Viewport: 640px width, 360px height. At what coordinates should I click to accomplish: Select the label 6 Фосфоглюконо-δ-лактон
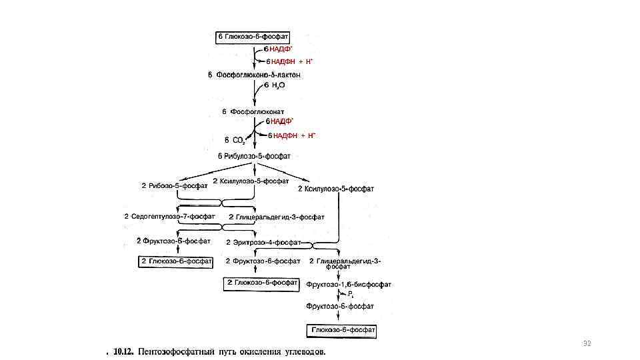[x=255, y=75]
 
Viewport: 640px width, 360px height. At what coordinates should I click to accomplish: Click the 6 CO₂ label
[x=235, y=141]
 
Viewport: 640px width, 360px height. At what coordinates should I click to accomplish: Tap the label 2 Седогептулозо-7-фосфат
[x=169, y=217]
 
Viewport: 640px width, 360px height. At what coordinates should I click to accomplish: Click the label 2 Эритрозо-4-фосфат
[x=264, y=242]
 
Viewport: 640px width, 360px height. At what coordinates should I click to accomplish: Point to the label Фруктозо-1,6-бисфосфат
[x=349, y=284]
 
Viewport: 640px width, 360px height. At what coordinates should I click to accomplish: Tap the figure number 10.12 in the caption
[x=122, y=351]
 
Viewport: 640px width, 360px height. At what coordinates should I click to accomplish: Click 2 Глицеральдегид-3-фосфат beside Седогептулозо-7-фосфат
[x=276, y=217]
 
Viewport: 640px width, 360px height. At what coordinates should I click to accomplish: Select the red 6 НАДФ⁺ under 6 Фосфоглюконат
[x=279, y=121]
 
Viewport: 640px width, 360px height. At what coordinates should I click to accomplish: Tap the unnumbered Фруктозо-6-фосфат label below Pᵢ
[x=340, y=306]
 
